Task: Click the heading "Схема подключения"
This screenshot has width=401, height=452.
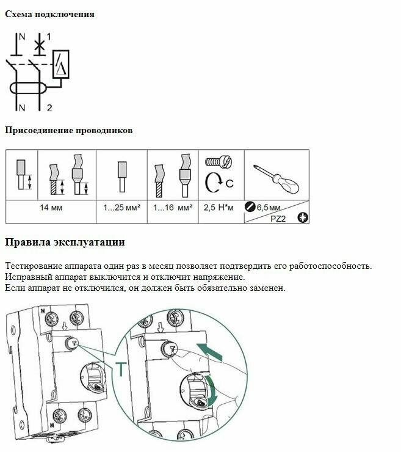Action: [x=49, y=14]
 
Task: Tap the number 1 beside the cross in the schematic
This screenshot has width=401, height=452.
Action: [x=48, y=37]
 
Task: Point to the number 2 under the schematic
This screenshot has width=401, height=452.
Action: [x=49, y=108]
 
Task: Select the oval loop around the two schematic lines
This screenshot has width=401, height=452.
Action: [x=27, y=87]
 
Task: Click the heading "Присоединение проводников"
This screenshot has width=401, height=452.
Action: [x=68, y=130]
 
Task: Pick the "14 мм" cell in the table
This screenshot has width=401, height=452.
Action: [x=51, y=208]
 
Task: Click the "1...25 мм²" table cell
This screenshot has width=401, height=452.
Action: [x=122, y=208]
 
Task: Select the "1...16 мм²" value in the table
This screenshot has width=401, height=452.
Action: [x=173, y=208]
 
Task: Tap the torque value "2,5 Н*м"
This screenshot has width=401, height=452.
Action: [x=218, y=208]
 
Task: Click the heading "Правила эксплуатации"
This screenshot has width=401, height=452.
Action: [x=65, y=242]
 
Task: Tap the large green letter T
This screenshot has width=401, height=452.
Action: [x=121, y=370]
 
